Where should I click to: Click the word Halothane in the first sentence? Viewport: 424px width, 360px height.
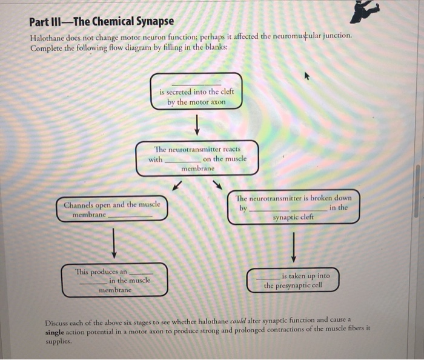[50, 37]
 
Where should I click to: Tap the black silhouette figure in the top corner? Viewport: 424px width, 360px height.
[365, 12]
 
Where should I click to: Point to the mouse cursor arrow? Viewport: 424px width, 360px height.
[306, 77]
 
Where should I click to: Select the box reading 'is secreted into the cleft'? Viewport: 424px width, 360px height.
[196, 92]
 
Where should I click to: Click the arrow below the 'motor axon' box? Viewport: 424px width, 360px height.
[197, 126]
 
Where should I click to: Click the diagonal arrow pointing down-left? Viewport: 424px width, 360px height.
[176, 184]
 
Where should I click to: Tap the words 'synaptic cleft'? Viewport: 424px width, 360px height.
[293, 217]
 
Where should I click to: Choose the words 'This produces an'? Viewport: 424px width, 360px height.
[101, 272]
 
